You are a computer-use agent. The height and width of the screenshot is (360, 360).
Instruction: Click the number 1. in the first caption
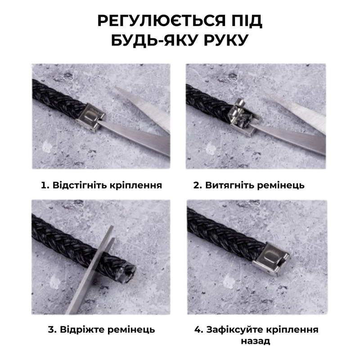45,185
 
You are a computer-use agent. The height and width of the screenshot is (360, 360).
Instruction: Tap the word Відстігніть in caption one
79,185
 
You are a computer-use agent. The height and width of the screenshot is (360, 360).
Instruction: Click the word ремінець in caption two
280,185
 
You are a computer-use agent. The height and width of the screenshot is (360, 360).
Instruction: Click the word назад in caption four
255,341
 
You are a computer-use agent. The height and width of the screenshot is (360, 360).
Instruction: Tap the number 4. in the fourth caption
199,330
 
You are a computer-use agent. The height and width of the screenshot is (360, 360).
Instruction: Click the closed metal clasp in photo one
90,118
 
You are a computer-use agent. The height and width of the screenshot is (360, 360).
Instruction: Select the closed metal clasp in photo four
271,260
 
